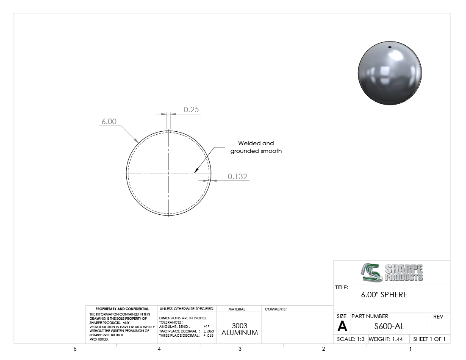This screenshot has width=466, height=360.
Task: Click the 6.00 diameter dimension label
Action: (x=109, y=122)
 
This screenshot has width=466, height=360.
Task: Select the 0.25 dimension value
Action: (x=191, y=110)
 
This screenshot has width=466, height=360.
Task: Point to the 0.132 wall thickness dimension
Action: (x=238, y=177)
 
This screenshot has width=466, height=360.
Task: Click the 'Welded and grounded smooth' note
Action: (x=256, y=147)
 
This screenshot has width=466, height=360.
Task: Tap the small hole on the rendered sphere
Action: (x=390, y=47)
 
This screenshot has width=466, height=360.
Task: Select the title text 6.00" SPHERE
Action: (x=384, y=295)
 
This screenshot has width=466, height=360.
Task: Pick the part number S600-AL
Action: (x=389, y=327)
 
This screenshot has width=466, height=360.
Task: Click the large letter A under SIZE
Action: (x=342, y=326)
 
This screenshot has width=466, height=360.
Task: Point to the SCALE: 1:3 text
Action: (x=350, y=339)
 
